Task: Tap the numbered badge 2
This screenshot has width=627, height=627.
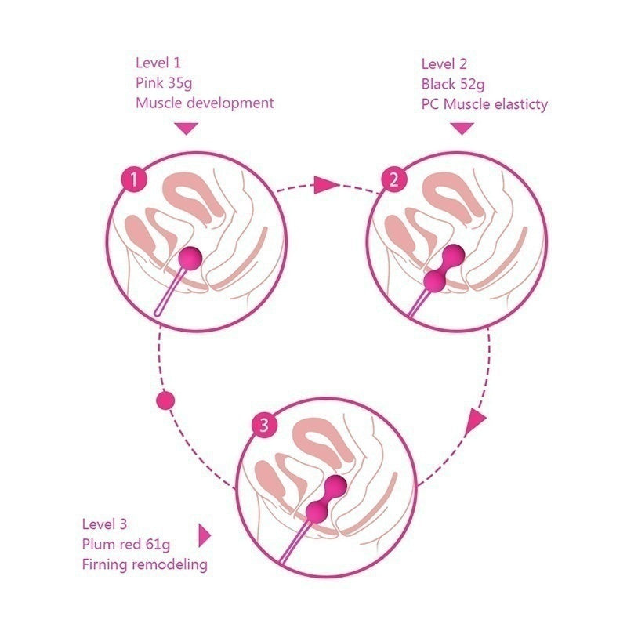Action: (x=394, y=181)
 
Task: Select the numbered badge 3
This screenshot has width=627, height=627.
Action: (x=265, y=426)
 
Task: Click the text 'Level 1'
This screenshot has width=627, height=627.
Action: (x=158, y=63)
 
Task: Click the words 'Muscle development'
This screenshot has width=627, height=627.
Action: (x=205, y=103)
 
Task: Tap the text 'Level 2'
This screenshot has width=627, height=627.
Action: (x=444, y=63)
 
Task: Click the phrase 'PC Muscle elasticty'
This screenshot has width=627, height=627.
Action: (x=484, y=103)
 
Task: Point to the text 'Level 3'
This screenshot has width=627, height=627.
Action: (x=105, y=524)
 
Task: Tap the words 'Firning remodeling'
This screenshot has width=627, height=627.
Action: (x=144, y=564)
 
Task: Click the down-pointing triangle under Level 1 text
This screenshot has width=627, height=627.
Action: (x=185, y=128)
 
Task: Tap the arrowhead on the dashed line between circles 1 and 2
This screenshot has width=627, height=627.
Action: (x=325, y=185)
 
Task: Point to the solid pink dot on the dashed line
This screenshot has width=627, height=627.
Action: (x=165, y=400)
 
